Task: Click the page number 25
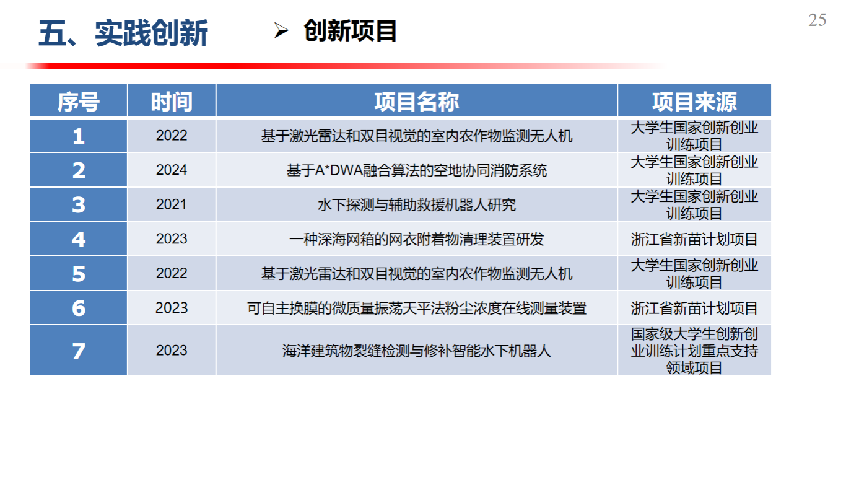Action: coord(817,20)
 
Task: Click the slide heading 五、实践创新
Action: coord(123,33)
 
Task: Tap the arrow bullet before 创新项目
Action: coord(281,30)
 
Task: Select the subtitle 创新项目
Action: coord(350,30)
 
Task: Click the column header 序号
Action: coord(79,101)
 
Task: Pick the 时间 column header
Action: coord(172,101)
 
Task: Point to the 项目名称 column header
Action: coord(417,101)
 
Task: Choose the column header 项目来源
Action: coord(694,101)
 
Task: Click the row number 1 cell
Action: coord(79,136)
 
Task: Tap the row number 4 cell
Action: coord(79,239)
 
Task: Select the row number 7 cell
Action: coord(79,351)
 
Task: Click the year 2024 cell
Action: coord(172,170)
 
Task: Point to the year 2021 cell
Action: coord(172,204)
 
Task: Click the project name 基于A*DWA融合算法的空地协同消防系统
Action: coord(417,170)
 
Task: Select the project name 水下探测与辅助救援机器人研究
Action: coord(417,205)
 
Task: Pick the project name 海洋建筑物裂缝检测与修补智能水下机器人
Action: coord(417,351)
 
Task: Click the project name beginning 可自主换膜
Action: coord(417,308)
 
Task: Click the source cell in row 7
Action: coord(694,351)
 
